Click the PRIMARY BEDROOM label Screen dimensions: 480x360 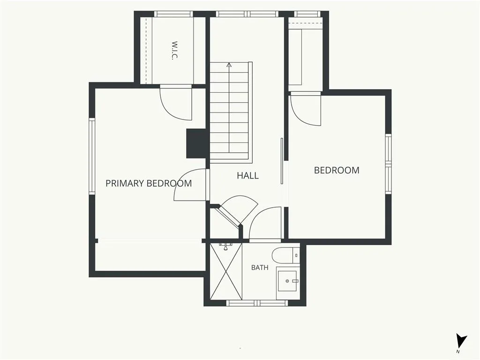point(149,183)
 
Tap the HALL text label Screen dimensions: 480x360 point(247,176)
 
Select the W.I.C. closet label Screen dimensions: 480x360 point(174,51)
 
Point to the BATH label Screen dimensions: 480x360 point(260,268)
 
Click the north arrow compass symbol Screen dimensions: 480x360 point(460,341)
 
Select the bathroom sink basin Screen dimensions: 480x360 point(287,281)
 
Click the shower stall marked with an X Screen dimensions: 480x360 point(226,271)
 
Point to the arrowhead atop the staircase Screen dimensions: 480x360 point(229,65)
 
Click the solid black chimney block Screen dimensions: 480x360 point(196,143)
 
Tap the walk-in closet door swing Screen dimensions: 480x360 point(176,104)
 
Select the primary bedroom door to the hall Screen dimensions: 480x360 point(192,185)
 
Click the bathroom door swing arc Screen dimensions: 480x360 point(265,224)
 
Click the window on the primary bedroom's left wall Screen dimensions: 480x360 point(92,156)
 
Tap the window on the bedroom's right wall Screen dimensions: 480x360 point(388,164)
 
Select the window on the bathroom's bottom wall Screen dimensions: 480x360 point(257,303)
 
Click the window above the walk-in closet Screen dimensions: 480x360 point(173,14)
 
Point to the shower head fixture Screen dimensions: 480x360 point(225,246)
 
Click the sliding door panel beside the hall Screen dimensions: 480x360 point(282,161)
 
